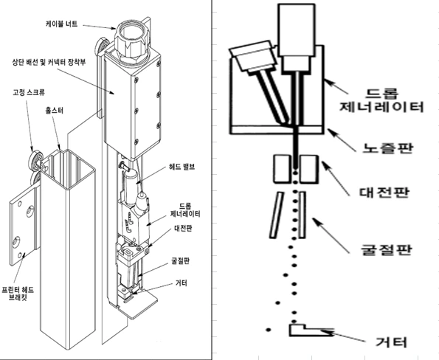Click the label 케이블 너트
pos(63,23)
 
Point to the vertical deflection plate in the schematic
pos(303,215)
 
